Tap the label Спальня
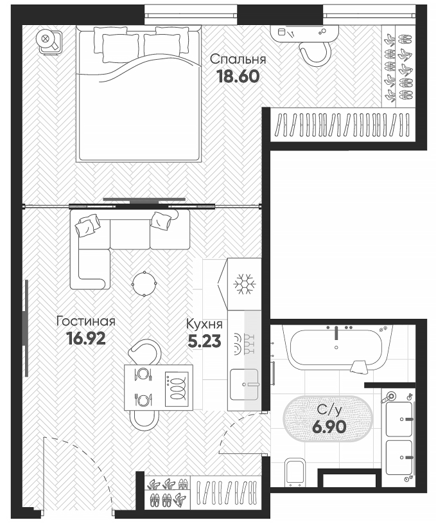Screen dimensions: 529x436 click(238, 60)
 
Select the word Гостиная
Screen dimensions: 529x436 click(85, 320)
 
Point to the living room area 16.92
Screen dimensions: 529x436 click(86, 337)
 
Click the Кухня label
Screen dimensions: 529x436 click(205, 324)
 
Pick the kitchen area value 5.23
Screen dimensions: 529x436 click(205, 341)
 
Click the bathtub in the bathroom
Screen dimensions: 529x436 click(336, 348)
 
